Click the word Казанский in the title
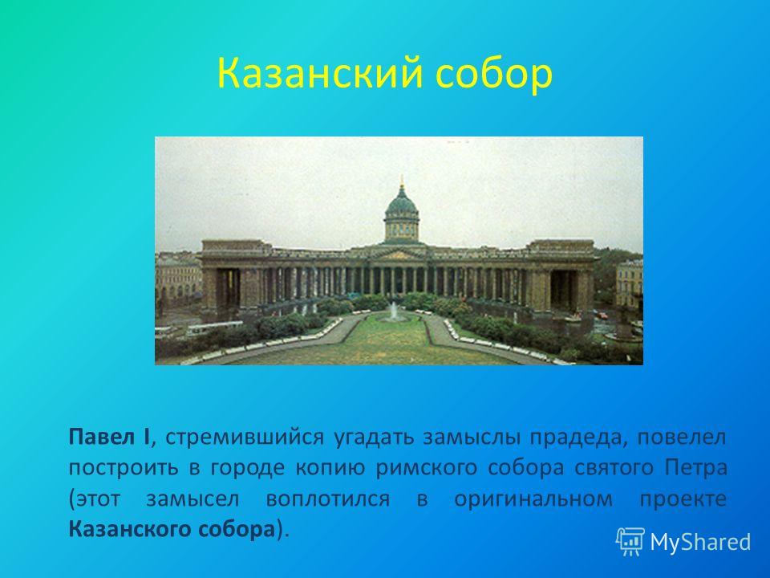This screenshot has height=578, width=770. pyautogui.click(x=320, y=73)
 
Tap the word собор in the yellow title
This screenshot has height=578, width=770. pyautogui.click(x=494, y=74)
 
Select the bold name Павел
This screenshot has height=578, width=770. pyautogui.click(x=102, y=437)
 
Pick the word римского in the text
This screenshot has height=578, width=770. pyautogui.click(x=426, y=468)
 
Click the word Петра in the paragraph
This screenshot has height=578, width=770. pyautogui.click(x=696, y=467)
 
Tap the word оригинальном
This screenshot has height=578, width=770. pyautogui.click(x=533, y=499)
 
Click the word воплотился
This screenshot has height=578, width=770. pyautogui.click(x=327, y=499)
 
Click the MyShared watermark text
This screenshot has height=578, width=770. pyautogui.click(x=700, y=543)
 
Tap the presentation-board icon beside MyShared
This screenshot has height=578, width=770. pyautogui.click(x=630, y=541)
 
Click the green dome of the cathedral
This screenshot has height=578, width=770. pyautogui.click(x=401, y=202)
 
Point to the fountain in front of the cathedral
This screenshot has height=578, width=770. pyautogui.click(x=392, y=312)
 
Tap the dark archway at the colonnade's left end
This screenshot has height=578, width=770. pyautogui.click(x=229, y=289)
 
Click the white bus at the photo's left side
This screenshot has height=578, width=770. pyautogui.click(x=214, y=328)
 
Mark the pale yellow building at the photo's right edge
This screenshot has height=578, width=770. pyautogui.click(x=629, y=285)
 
